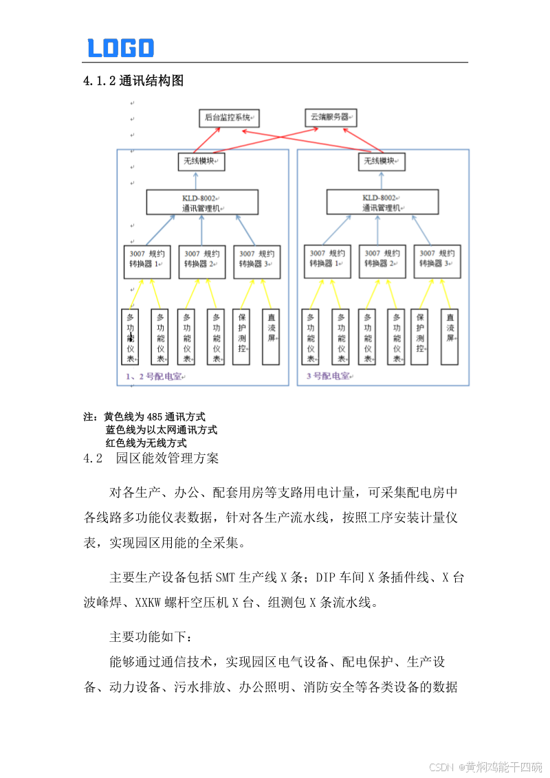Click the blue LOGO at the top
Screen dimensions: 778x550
(120, 47)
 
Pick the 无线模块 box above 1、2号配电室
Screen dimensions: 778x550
(201, 162)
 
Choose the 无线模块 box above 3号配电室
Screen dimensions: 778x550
(382, 162)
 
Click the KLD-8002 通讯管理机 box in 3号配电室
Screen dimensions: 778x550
(382, 203)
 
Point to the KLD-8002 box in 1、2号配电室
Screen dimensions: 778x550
(202, 203)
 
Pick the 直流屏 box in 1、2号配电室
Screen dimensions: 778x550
(271, 337)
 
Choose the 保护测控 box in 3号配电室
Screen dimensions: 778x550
(420, 337)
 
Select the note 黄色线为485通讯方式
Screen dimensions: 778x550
(155, 416)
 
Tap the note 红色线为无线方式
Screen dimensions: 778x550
(146, 443)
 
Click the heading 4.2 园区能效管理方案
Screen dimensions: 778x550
(151, 458)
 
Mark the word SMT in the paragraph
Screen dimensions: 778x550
(225, 576)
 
